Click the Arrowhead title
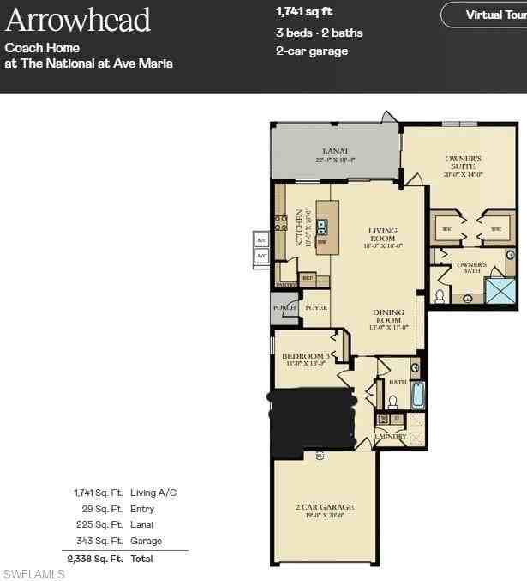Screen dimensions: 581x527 (78, 20)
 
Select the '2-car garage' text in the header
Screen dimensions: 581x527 (312, 51)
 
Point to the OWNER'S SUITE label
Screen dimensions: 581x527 (464, 162)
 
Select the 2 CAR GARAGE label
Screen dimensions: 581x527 (325, 507)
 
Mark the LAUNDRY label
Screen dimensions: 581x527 (389, 437)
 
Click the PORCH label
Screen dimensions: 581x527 (284, 307)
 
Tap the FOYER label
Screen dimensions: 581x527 (316, 307)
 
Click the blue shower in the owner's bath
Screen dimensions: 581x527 (500, 291)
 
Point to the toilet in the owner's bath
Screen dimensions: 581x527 (440, 296)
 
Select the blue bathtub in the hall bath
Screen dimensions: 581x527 (417, 396)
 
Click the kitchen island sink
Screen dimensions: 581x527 (322, 227)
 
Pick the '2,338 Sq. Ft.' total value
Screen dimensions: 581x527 (96, 558)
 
